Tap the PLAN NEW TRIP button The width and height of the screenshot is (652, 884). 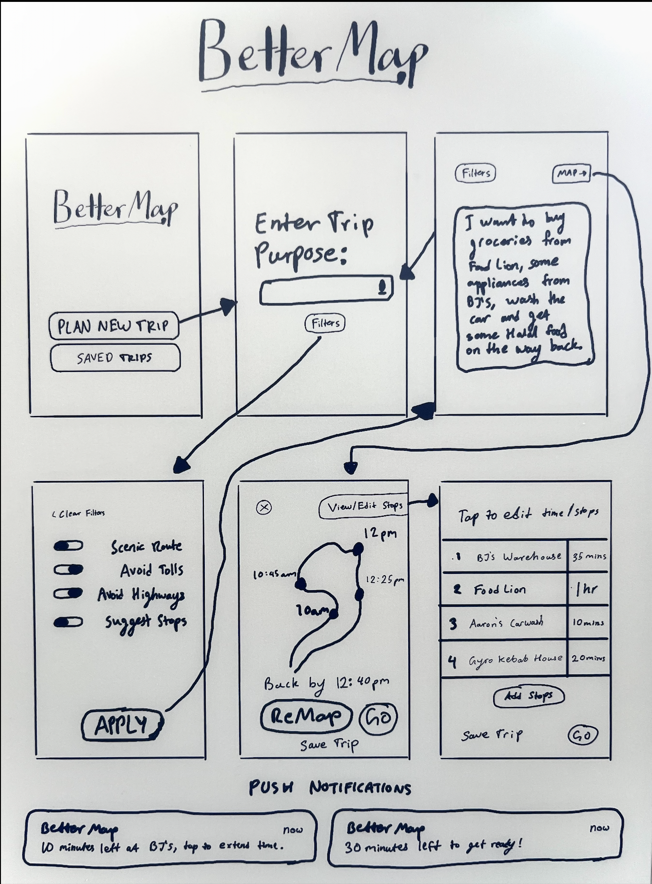coord(113,326)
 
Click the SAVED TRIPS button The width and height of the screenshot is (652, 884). coord(115,357)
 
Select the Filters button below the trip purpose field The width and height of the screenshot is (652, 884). coord(325,323)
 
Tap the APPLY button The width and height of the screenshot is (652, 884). coord(122,725)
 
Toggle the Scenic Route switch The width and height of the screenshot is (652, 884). coord(68,546)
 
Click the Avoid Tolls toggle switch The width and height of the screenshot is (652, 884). coord(68,570)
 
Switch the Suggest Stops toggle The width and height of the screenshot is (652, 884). coord(68,622)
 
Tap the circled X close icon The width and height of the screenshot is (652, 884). coord(264,507)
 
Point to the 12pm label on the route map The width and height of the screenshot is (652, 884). coord(380,533)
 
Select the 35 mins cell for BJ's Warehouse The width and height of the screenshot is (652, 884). coord(588,556)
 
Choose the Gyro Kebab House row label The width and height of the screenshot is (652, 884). coord(515,659)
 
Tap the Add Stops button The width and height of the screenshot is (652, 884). coord(528,696)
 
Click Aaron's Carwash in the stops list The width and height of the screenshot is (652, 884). coord(506,623)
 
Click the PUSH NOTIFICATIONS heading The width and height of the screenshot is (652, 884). coord(330,788)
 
